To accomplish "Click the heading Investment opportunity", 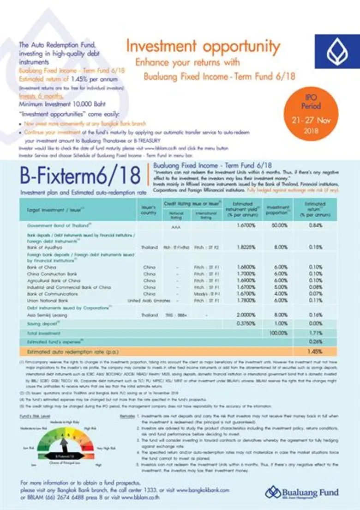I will click(x=203, y=47).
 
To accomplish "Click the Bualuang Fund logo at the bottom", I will click(x=302, y=492).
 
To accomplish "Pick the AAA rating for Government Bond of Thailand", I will click(x=175, y=227).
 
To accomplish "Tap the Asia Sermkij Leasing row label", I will click(x=47, y=315).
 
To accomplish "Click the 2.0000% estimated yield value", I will click(x=246, y=315).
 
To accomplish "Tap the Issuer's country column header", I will click(x=149, y=211).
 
